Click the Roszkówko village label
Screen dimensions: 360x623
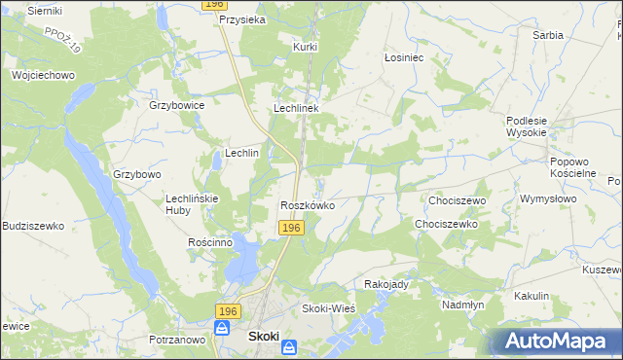308,206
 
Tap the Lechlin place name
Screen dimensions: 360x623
241,154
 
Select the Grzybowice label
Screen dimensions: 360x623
175,105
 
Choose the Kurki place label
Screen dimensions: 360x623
307,46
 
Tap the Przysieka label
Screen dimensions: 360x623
243,19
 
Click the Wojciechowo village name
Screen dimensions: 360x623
43,75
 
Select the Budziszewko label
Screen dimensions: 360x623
33,226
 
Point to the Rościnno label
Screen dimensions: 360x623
209,242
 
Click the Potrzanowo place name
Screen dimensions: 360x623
178,340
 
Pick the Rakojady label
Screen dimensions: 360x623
385,284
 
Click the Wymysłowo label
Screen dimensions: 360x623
545,198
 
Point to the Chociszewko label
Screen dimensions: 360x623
446,224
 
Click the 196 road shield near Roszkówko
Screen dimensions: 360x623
292,228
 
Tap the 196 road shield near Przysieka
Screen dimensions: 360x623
215,5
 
